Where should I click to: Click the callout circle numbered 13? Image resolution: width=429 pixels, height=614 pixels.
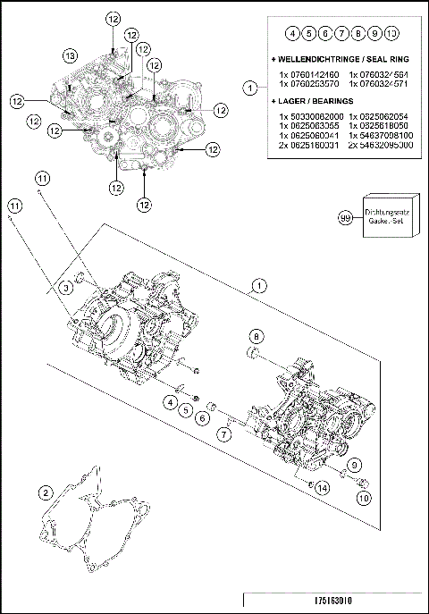[x=70, y=55]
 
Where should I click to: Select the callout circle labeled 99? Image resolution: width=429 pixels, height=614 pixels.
[x=344, y=217]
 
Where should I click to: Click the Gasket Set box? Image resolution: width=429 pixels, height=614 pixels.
[x=388, y=218]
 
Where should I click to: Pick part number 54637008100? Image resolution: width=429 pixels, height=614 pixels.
[x=382, y=136]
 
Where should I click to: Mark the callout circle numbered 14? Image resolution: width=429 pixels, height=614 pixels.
[x=322, y=487]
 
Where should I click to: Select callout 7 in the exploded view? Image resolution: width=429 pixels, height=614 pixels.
[x=225, y=433]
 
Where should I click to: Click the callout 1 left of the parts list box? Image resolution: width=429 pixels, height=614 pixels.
[x=250, y=88]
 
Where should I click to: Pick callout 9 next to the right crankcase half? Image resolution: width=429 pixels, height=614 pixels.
[x=355, y=464]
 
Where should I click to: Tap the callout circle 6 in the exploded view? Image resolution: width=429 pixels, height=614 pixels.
[x=204, y=417]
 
